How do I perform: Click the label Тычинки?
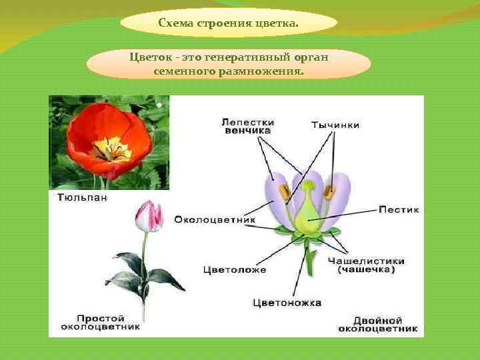point(335,125)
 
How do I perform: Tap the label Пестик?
point(399,209)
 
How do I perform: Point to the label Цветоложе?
point(234,270)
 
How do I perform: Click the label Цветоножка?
point(287,303)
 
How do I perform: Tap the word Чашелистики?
point(366,261)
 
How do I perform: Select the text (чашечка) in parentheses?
point(366,270)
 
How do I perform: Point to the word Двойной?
point(378,319)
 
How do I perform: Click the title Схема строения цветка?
point(229,24)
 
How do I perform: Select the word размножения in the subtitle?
point(261,69)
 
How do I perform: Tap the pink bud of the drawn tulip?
point(149,216)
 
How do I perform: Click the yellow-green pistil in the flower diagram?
point(307,217)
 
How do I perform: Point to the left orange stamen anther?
point(286,193)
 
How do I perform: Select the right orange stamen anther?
point(330,192)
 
